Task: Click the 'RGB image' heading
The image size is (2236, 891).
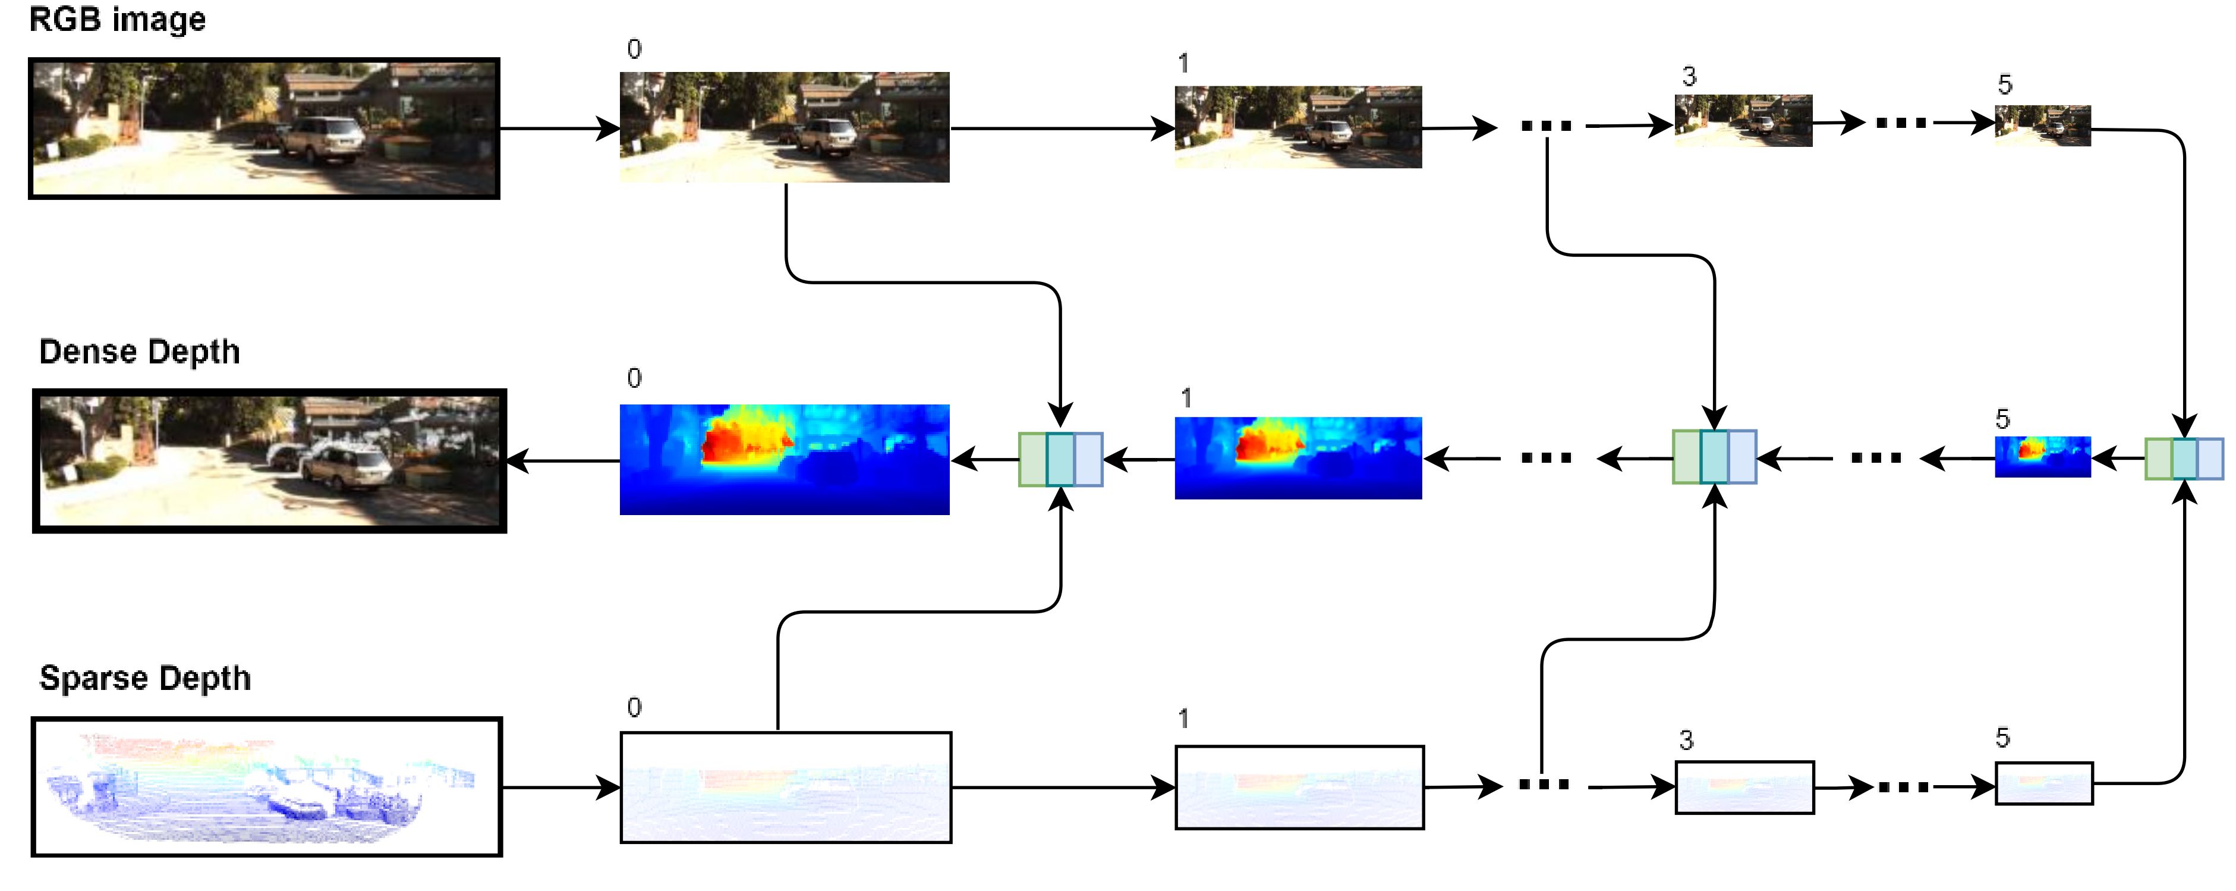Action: pyautogui.click(x=117, y=19)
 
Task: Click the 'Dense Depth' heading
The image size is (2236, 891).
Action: pyautogui.click(x=140, y=352)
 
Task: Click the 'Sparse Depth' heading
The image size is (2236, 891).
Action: pyautogui.click(x=145, y=678)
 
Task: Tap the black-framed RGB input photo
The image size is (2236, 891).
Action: pyautogui.click(x=264, y=128)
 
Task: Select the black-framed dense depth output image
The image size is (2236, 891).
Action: pyautogui.click(x=269, y=460)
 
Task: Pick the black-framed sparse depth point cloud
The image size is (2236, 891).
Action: pyautogui.click(x=266, y=787)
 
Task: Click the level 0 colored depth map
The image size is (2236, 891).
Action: pyautogui.click(x=785, y=459)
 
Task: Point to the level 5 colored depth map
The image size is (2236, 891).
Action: pyautogui.click(x=2042, y=457)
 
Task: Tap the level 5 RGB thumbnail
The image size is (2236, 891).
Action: pyautogui.click(x=2042, y=126)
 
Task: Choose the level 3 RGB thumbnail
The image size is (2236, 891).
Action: pyautogui.click(x=1743, y=121)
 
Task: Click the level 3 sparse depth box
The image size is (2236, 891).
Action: pyautogui.click(x=1744, y=788)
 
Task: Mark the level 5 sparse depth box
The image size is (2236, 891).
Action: pyautogui.click(x=2043, y=783)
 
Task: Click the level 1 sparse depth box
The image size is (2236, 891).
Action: pyautogui.click(x=1299, y=788)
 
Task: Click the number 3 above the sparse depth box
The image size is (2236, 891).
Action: pyautogui.click(x=1686, y=741)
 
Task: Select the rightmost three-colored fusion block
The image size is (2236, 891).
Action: pyautogui.click(x=2184, y=459)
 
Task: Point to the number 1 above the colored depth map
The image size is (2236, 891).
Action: pyautogui.click(x=1186, y=399)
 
